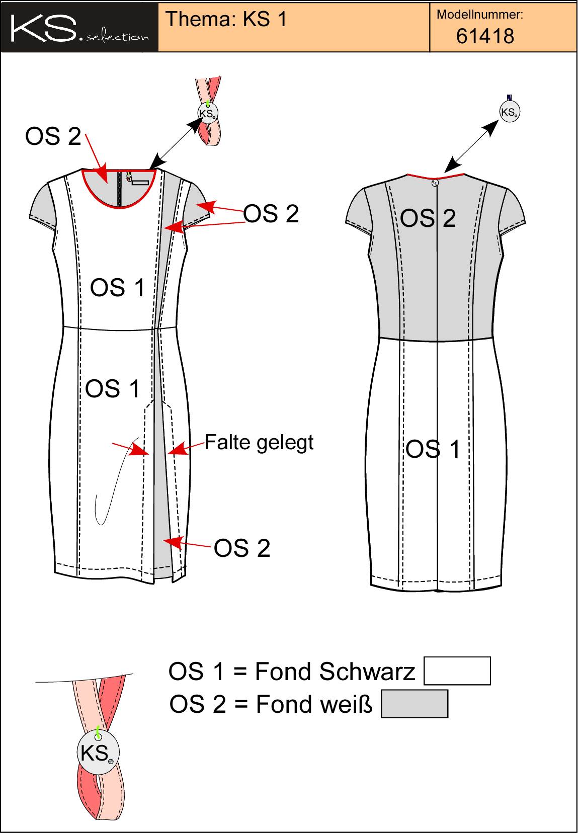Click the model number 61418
(x=485, y=36)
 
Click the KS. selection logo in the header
(x=79, y=28)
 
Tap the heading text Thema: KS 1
(x=226, y=19)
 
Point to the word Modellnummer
(x=480, y=15)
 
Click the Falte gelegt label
(x=259, y=443)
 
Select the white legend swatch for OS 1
(x=457, y=671)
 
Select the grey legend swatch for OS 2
(x=415, y=704)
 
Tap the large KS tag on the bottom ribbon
(x=98, y=753)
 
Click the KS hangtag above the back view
(x=509, y=112)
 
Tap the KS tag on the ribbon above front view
(x=208, y=113)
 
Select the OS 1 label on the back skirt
(x=433, y=449)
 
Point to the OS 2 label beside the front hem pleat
(x=242, y=548)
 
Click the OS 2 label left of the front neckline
(x=53, y=136)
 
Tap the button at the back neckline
(x=435, y=183)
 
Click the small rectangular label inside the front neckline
(x=140, y=183)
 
